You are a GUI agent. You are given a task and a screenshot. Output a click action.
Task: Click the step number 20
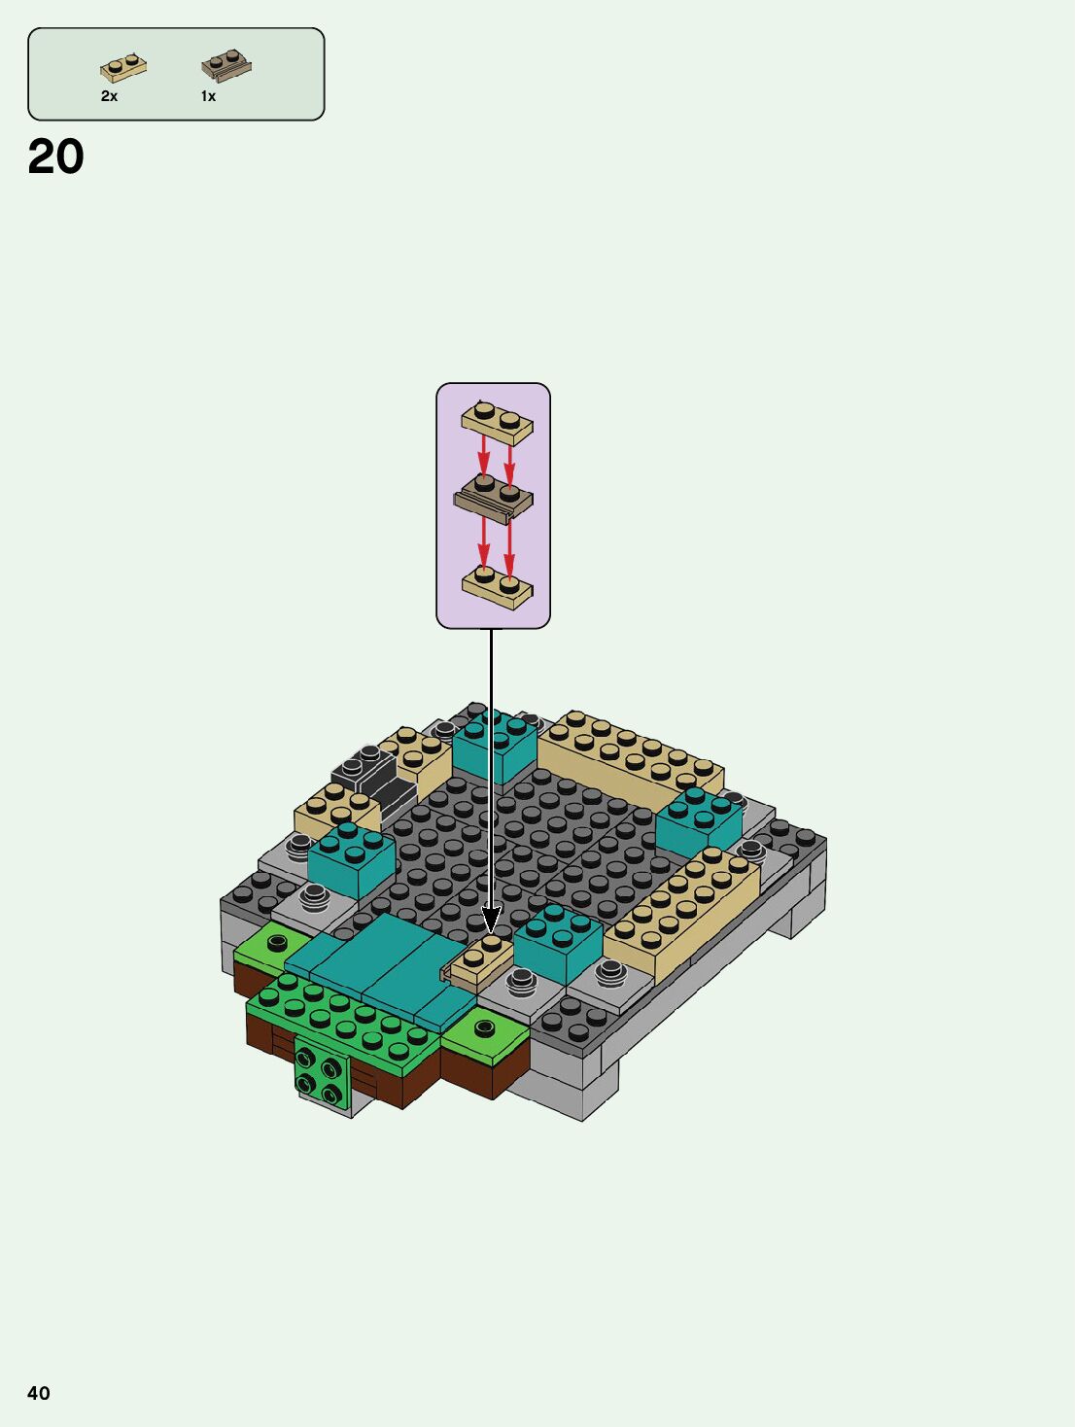point(56,157)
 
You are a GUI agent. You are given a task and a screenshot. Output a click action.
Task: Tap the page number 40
point(38,1393)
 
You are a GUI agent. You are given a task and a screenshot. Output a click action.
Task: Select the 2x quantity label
point(109,96)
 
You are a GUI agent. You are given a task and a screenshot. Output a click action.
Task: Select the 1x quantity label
point(208,96)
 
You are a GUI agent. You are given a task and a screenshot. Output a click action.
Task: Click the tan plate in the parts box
point(123,68)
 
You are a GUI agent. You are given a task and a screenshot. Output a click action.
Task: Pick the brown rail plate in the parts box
point(226,66)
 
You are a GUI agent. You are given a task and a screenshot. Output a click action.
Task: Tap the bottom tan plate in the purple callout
point(498,587)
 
